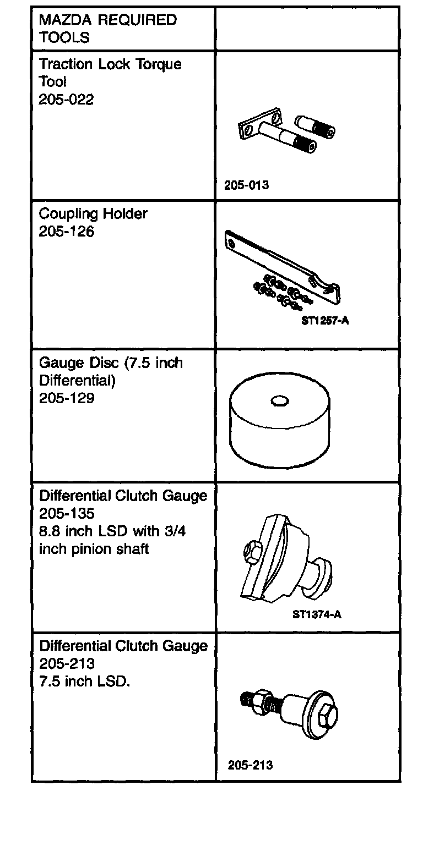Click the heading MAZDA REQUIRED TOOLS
point(107,29)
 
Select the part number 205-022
point(66,100)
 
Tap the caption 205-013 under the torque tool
point(246,185)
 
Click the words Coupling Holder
point(93,213)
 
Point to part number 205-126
point(66,232)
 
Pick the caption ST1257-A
point(325,320)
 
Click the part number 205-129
point(66,398)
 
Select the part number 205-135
point(66,514)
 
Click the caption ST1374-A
point(317,614)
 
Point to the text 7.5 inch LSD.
point(84,682)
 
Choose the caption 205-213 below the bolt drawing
point(250,765)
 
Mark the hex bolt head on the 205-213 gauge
point(327,716)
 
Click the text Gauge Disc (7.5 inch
point(111,363)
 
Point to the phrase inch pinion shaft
point(94,550)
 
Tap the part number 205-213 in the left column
point(66,663)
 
